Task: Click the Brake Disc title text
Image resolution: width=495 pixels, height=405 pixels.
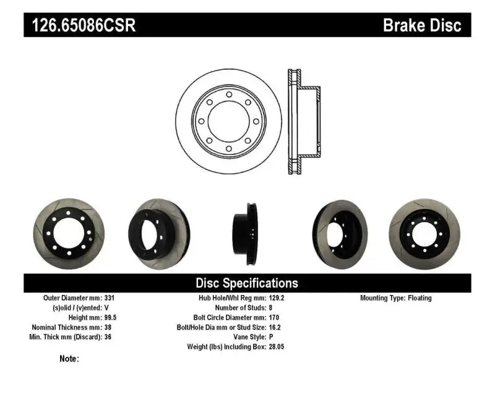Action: (x=423, y=25)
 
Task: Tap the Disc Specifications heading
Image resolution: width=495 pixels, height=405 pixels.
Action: (x=247, y=283)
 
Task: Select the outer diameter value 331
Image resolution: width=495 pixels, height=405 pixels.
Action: (x=108, y=298)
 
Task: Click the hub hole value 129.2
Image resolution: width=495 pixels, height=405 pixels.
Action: (x=277, y=298)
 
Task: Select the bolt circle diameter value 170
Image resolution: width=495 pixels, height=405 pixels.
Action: (x=274, y=317)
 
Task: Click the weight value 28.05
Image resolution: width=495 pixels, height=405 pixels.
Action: (x=277, y=347)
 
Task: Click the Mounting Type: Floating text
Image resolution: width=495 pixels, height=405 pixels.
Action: (x=396, y=298)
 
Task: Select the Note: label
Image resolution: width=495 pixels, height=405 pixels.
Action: (x=69, y=359)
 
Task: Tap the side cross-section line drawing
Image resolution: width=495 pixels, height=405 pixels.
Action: (x=304, y=121)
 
